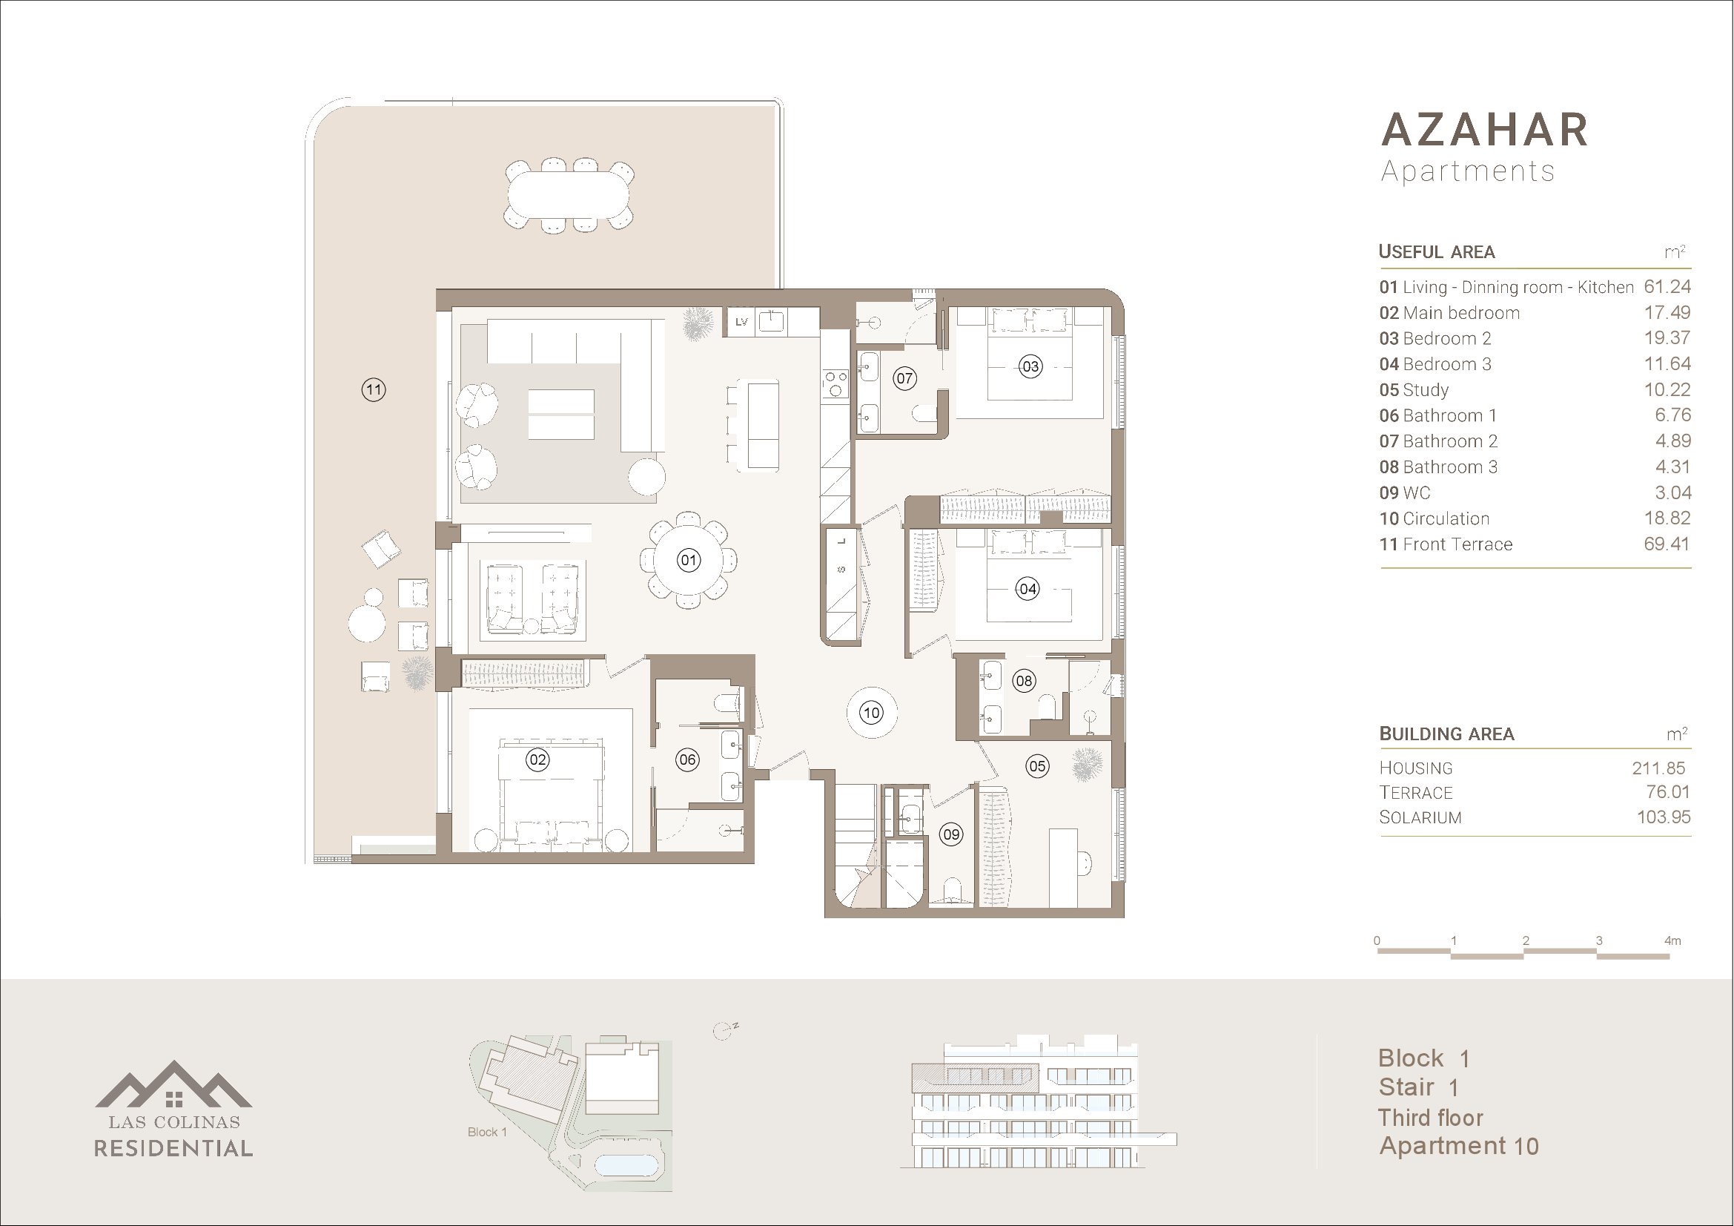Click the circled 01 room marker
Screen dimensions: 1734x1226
pyautogui.click(x=688, y=560)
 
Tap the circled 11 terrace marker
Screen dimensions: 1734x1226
pyautogui.click(x=373, y=390)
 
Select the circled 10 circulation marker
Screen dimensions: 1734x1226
pyautogui.click(x=872, y=712)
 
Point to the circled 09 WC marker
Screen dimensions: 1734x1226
pyautogui.click(x=951, y=834)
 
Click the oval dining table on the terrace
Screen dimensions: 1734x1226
pyautogui.click(x=568, y=194)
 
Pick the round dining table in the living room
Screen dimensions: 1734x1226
pyautogui.click(x=688, y=560)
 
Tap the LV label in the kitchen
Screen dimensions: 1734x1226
pyautogui.click(x=741, y=322)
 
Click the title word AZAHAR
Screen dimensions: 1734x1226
pyautogui.click(x=1485, y=130)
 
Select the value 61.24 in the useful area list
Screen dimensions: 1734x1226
pyautogui.click(x=1667, y=287)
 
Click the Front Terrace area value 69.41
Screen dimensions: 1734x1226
pyautogui.click(x=1667, y=544)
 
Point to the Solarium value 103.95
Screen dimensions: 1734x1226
pyautogui.click(x=1663, y=817)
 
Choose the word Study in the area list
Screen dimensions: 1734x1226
pyautogui.click(x=1426, y=391)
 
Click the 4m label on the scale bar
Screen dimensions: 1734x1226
pyautogui.click(x=1672, y=940)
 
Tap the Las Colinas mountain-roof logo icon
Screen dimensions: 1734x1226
pyautogui.click(x=173, y=1084)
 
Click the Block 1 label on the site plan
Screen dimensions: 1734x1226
pyautogui.click(x=487, y=1132)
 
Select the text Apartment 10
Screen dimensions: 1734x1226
pyautogui.click(x=1459, y=1147)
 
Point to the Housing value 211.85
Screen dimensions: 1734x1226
pyautogui.click(x=1658, y=768)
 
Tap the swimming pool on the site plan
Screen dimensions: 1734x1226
pyautogui.click(x=626, y=1165)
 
